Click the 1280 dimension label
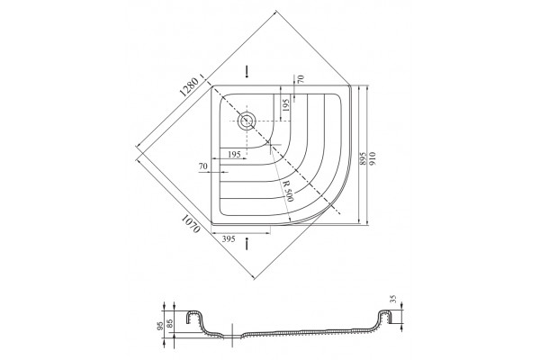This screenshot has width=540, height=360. (x=189, y=86)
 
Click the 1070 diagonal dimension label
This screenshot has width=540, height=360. (x=191, y=223)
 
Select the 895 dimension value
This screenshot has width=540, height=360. (x=363, y=158)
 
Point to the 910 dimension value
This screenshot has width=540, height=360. (x=373, y=158)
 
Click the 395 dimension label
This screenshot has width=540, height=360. (x=228, y=238)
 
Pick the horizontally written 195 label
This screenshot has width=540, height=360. (x=234, y=154)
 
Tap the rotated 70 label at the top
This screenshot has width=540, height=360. (x=301, y=80)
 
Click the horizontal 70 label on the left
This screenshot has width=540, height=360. (x=203, y=166)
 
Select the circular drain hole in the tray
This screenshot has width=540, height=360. (x=247, y=121)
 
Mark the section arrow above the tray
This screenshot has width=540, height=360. (x=247, y=71)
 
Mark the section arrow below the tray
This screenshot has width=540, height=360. (x=247, y=244)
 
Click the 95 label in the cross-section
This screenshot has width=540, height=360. (x=159, y=326)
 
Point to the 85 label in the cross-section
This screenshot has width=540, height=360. (x=169, y=323)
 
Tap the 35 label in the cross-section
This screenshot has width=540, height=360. (x=395, y=299)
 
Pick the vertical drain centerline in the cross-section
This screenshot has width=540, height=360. (x=233, y=336)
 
